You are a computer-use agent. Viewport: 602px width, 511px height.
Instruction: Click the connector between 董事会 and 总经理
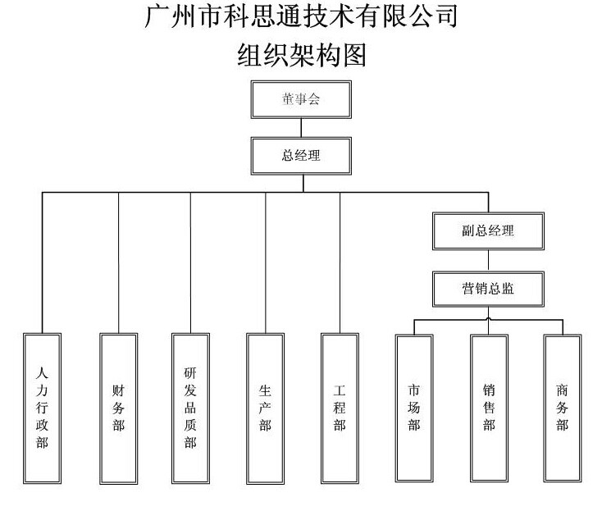[x=301, y=128]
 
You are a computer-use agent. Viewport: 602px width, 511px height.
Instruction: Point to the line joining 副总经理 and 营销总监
[x=488, y=261]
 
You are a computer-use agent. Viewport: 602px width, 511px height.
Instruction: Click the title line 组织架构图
[x=301, y=55]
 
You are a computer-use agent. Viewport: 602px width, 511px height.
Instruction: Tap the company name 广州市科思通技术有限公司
[x=301, y=16]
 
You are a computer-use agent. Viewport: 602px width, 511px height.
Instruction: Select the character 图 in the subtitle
[x=354, y=55]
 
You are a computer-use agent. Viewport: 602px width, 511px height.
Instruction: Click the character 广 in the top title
[x=157, y=16]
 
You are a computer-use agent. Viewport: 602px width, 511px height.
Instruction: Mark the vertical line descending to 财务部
[x=119, y=262]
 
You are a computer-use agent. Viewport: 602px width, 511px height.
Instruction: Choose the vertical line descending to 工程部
[x=340, y=262]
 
